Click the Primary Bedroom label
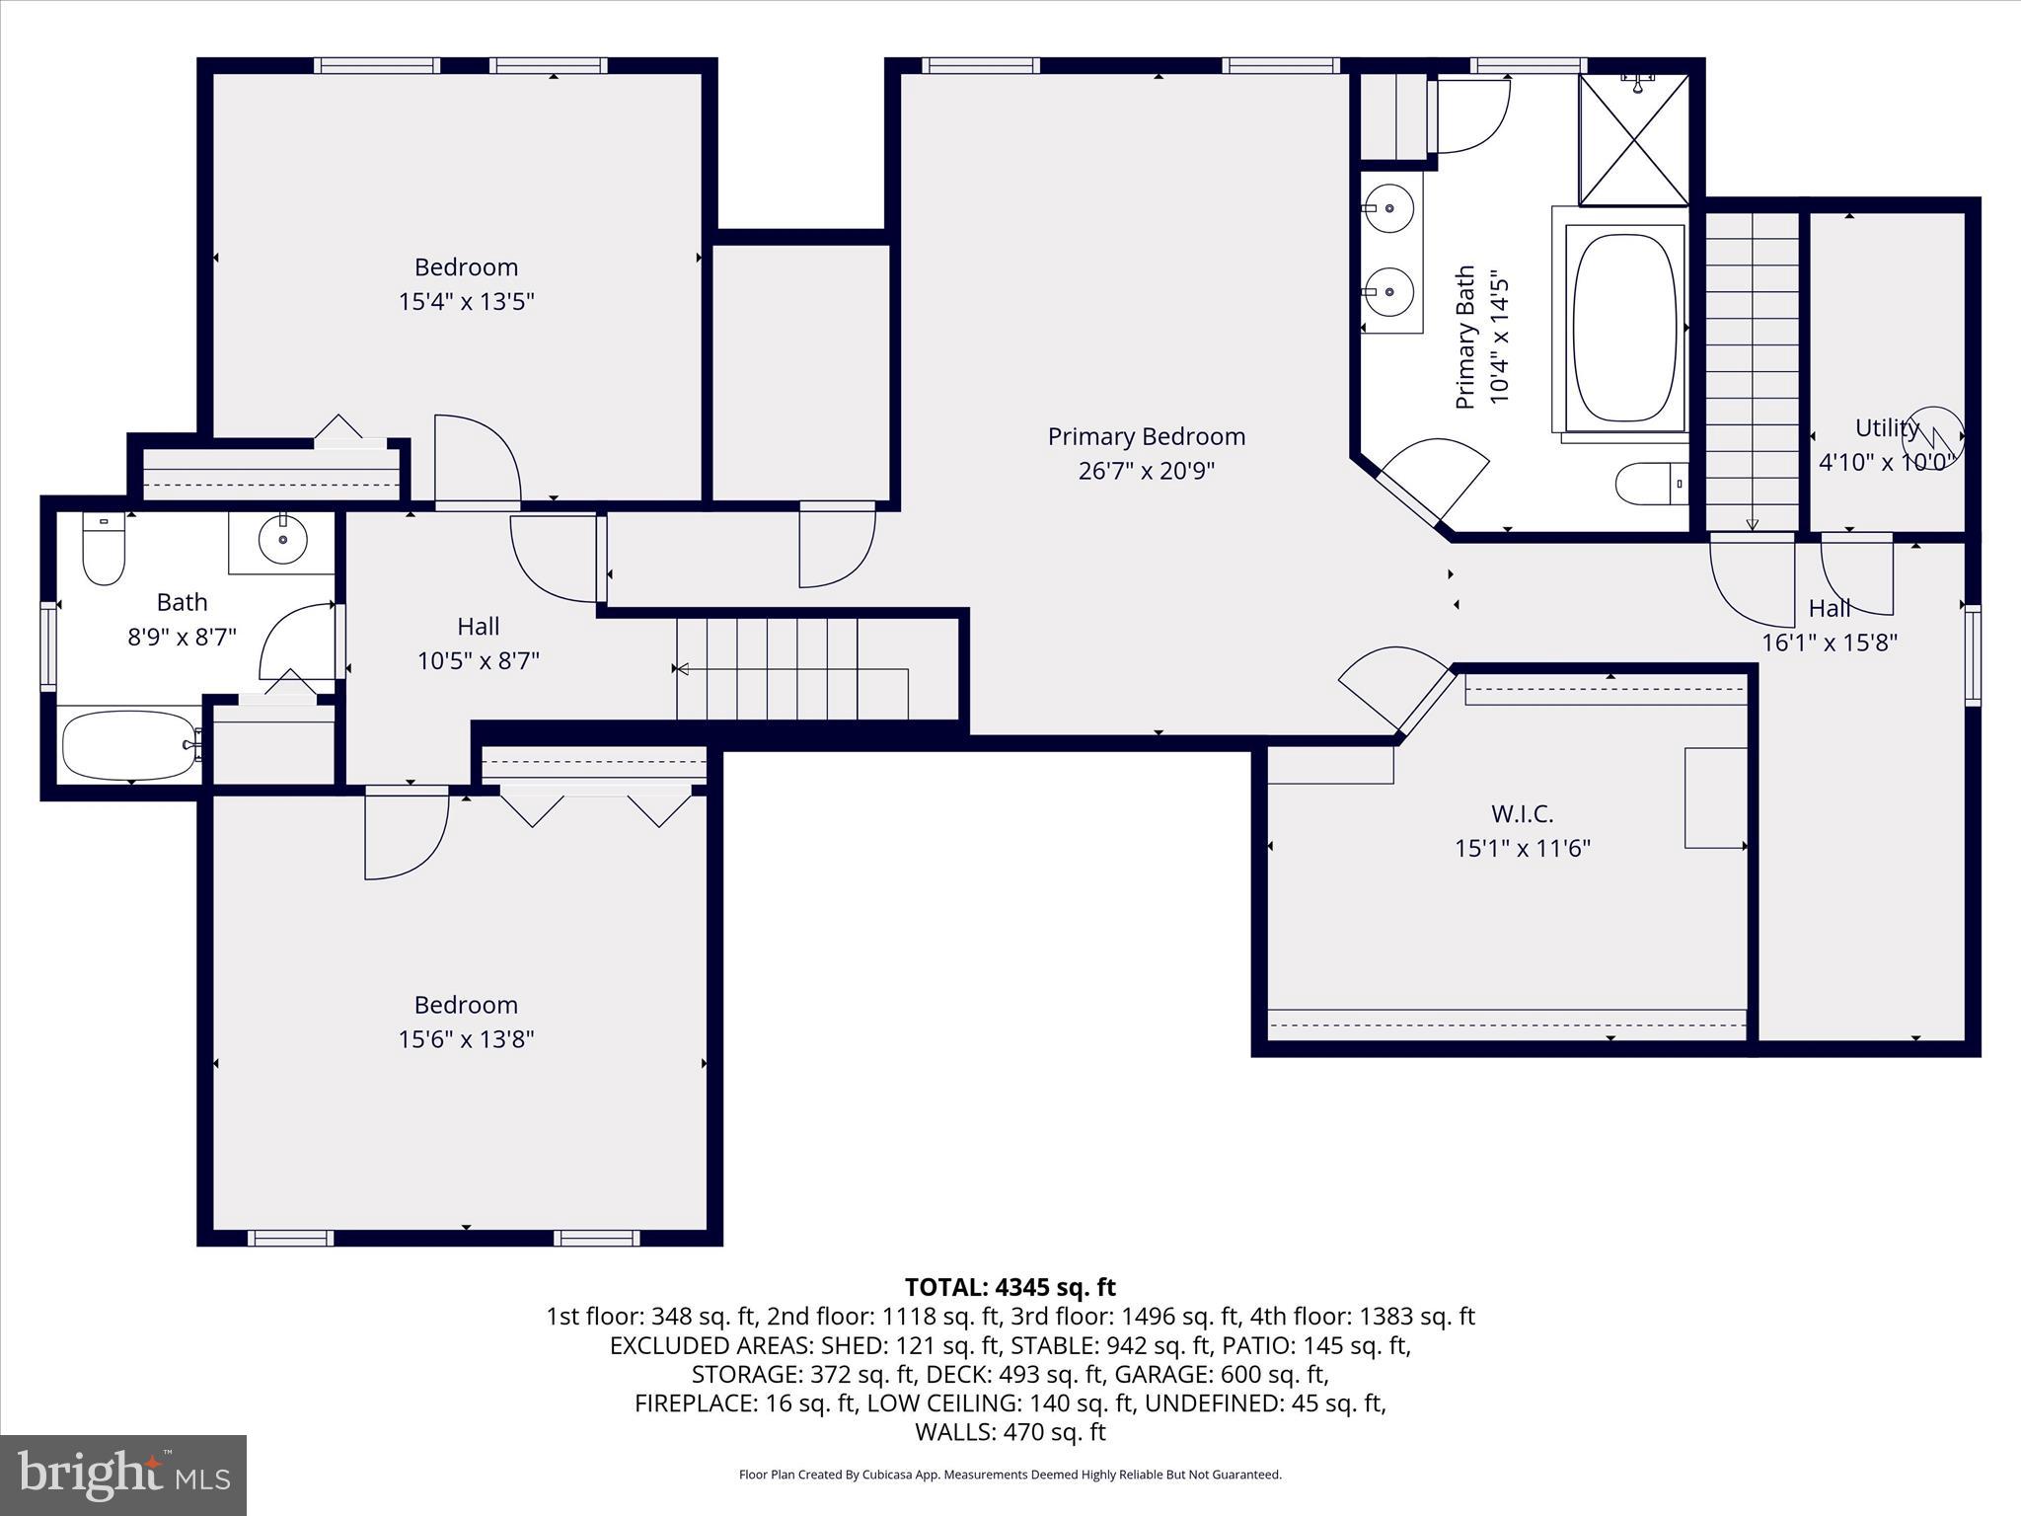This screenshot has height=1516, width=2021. click(1146, 436)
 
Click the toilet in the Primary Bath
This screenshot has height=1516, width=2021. click(1648, 484)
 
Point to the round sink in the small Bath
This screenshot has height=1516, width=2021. click(282, 540)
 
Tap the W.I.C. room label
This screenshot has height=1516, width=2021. click(1522, 814)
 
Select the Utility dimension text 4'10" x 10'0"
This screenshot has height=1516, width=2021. click(1886, 462)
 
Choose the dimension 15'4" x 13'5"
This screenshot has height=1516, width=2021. click(466, 301)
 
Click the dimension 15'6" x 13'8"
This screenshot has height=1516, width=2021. click(466, 1038)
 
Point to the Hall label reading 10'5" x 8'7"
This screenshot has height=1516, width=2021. click(478, 660)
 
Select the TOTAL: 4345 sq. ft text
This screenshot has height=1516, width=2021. click(1010, 1287)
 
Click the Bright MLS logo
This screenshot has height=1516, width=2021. click(123, 1475)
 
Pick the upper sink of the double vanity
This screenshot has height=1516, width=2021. click(1387, 209)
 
